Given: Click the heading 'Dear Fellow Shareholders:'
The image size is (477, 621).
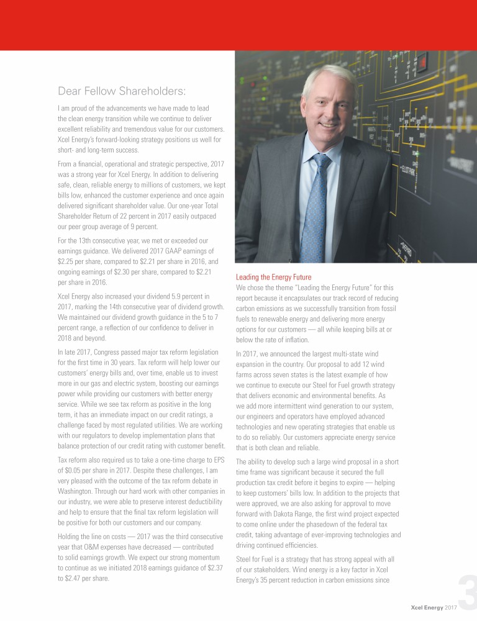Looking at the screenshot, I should point(121,92).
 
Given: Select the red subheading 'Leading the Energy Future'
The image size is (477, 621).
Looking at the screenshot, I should point(274,277).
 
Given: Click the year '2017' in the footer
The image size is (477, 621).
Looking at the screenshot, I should point(451,606).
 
